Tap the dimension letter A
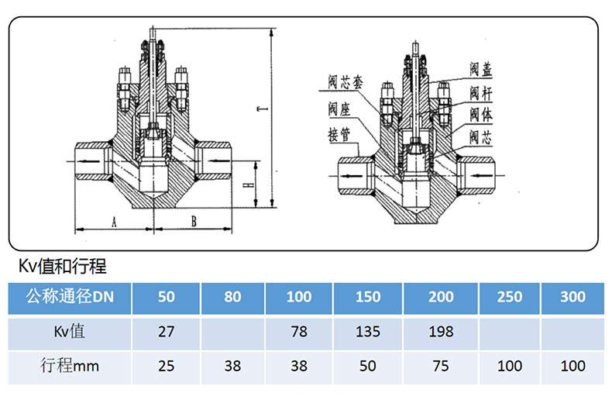click(x=113, y=222)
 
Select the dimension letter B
click(x=194, y=222)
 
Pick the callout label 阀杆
click(x=480, y=93)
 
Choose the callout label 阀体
click(x=480, y=114)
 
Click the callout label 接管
click(x=339, y=133)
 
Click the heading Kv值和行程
click(x=63, y=267)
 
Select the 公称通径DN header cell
click(x=70, y=297)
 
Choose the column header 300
click(x=572, y=297)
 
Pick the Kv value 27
click(x=166, y=332)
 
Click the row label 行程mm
click(x=70, y=366)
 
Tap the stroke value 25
click(x=166, y=366)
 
